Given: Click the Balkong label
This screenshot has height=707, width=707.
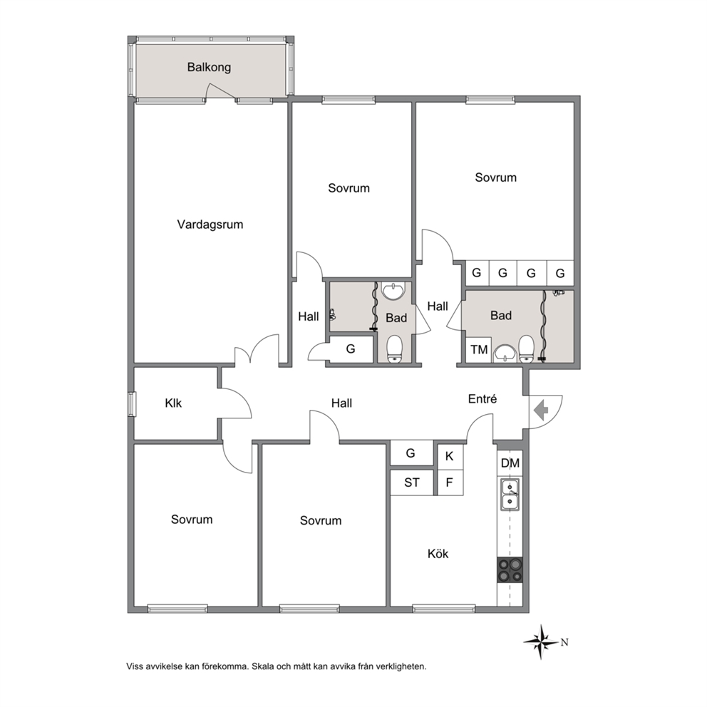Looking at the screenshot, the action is [x=209, y=67].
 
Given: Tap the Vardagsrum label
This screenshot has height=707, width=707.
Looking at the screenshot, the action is [x=210, y=224].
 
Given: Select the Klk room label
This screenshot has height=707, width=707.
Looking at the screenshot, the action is [x=173, y=403].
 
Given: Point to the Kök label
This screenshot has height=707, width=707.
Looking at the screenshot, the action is [x=438, y=553].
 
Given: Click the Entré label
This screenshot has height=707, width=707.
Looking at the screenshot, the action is [x=482, y=398].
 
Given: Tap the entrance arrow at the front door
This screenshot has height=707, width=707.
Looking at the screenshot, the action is [x=541, y=411].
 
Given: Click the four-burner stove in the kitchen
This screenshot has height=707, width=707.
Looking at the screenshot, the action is [x=510, y=569].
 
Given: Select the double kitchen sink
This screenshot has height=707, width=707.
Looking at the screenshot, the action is [x=510, y=495].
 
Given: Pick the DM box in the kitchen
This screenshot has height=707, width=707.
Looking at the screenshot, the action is [x=510, y=463].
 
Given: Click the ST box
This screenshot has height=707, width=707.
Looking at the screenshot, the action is [x=412, y=482].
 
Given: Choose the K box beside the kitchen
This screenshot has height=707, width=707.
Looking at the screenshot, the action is [x=450, y=456].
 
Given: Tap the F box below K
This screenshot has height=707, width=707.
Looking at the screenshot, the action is [x=450, y=482].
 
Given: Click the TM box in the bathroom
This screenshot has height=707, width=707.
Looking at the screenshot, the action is [x=479, y=349].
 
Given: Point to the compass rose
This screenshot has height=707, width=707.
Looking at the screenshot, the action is [x=541, y=641].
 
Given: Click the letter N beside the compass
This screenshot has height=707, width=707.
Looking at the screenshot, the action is [x=564, y=643].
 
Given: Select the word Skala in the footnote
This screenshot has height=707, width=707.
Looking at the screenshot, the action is [x=264, y=666].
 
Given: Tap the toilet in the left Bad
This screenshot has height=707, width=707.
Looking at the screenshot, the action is [x=395, y=349].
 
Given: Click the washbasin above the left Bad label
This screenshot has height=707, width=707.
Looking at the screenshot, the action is [x=394, y=291].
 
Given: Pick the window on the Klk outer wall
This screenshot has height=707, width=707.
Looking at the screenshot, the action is [x=132, y=403].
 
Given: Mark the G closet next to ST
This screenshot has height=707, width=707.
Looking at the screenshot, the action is [x=411, y=453].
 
